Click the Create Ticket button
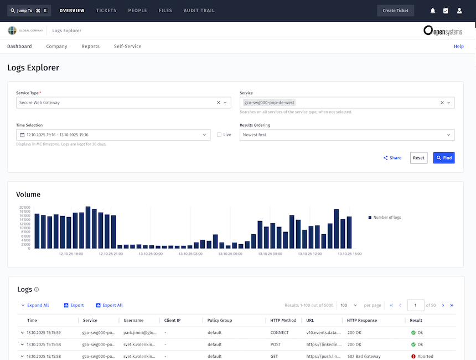[x=395, y=11]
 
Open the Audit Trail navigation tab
[x=199, y=11]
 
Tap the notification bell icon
[x=433, y=11]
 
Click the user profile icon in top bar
[x=459, y=11]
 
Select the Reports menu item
[x=90, y=47]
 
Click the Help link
[x=458, y=47]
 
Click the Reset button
[x=418, y=158]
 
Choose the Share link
[x=392, y=158]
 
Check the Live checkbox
[x=219, y=135]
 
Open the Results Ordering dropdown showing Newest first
[x=346, y=135]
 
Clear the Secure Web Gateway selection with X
[x=219, y=102]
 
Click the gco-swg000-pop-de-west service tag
[x=270, y=102]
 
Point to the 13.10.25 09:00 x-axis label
[x=270, y=254]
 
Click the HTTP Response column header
[x=362, y=320]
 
